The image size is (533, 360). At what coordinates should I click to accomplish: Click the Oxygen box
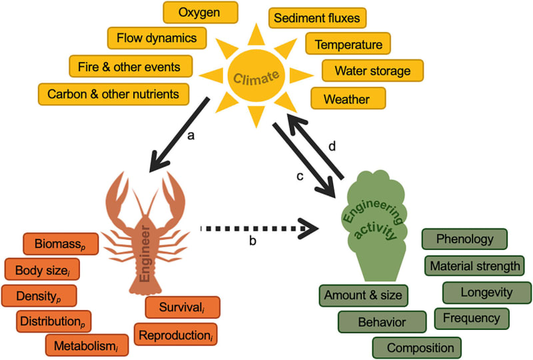(x=200, y=13)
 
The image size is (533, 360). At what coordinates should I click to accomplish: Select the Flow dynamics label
(x=157, y=39)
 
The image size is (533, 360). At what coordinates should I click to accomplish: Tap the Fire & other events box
(x=131, y=66)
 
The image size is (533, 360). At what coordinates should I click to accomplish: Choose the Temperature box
(x=348, y=44)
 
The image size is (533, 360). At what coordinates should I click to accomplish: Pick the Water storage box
(x=372, y=70)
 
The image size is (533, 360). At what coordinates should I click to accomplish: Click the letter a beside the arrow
(x=191, y=136)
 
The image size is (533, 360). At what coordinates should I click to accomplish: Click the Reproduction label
(x=177, y=333)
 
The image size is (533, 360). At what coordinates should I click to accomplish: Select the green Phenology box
(x=465, y=239)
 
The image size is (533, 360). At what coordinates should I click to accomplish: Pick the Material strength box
(x=474, y=266)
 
